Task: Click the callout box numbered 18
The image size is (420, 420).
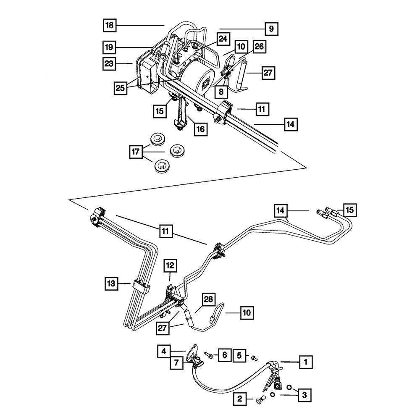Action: [110, 26]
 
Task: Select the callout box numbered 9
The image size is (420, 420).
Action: [271, 29]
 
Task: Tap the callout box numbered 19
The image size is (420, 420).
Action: [110, 46]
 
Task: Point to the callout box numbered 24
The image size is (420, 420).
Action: [223, 39]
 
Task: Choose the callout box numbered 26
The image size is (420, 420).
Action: [259, 47]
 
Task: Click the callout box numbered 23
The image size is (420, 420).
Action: [110, 64]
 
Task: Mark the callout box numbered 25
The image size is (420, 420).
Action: [121, 88]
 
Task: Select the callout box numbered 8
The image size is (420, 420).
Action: [220, 91]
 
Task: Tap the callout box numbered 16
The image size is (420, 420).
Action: [201, 129]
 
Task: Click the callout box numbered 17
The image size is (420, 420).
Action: [136, 151]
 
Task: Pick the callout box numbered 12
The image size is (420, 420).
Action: [170, 265]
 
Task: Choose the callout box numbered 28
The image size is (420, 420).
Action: [209, 299]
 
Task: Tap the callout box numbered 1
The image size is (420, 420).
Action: [306, 361]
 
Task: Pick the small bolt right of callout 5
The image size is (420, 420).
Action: [253, 358]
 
